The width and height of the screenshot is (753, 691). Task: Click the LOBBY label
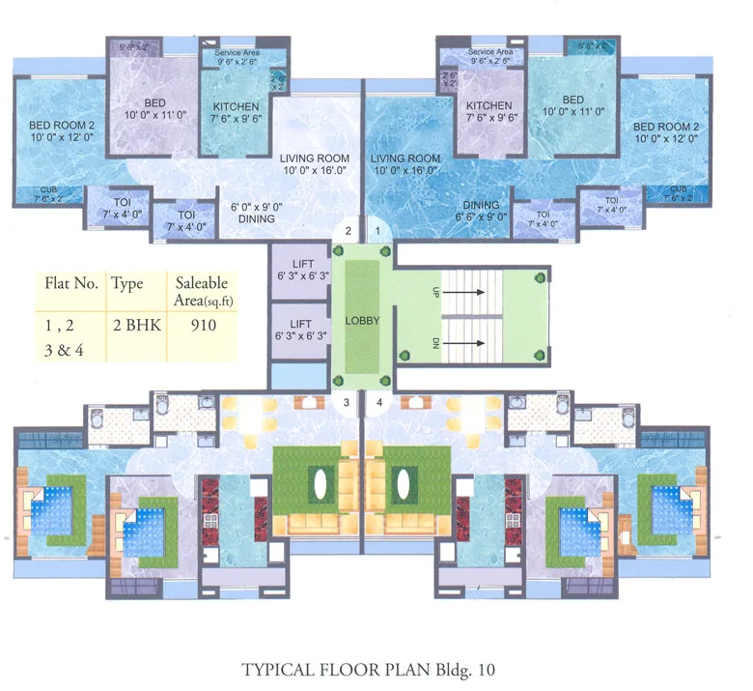pyautogui.click(x=362, y=321)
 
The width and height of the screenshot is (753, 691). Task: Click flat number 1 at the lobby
pyautogui.click(x=379, y=230)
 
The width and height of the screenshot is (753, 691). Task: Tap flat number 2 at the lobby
pyautogui.click(x=349, y=230)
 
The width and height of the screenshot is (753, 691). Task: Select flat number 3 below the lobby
pyautogui.click(x=345, y=402)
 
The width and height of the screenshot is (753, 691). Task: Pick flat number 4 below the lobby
pyautogui.click(x=379, y=402)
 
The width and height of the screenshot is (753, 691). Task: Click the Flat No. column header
pyautogui.click(x=71, y=284)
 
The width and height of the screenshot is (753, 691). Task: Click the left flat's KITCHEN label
pyautogui.click(x=236, y=106)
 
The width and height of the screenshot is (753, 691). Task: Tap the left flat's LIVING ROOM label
pyautogui.click(x=315, y=158)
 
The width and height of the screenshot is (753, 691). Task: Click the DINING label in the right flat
pyautogui.click(x=481, y=205)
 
